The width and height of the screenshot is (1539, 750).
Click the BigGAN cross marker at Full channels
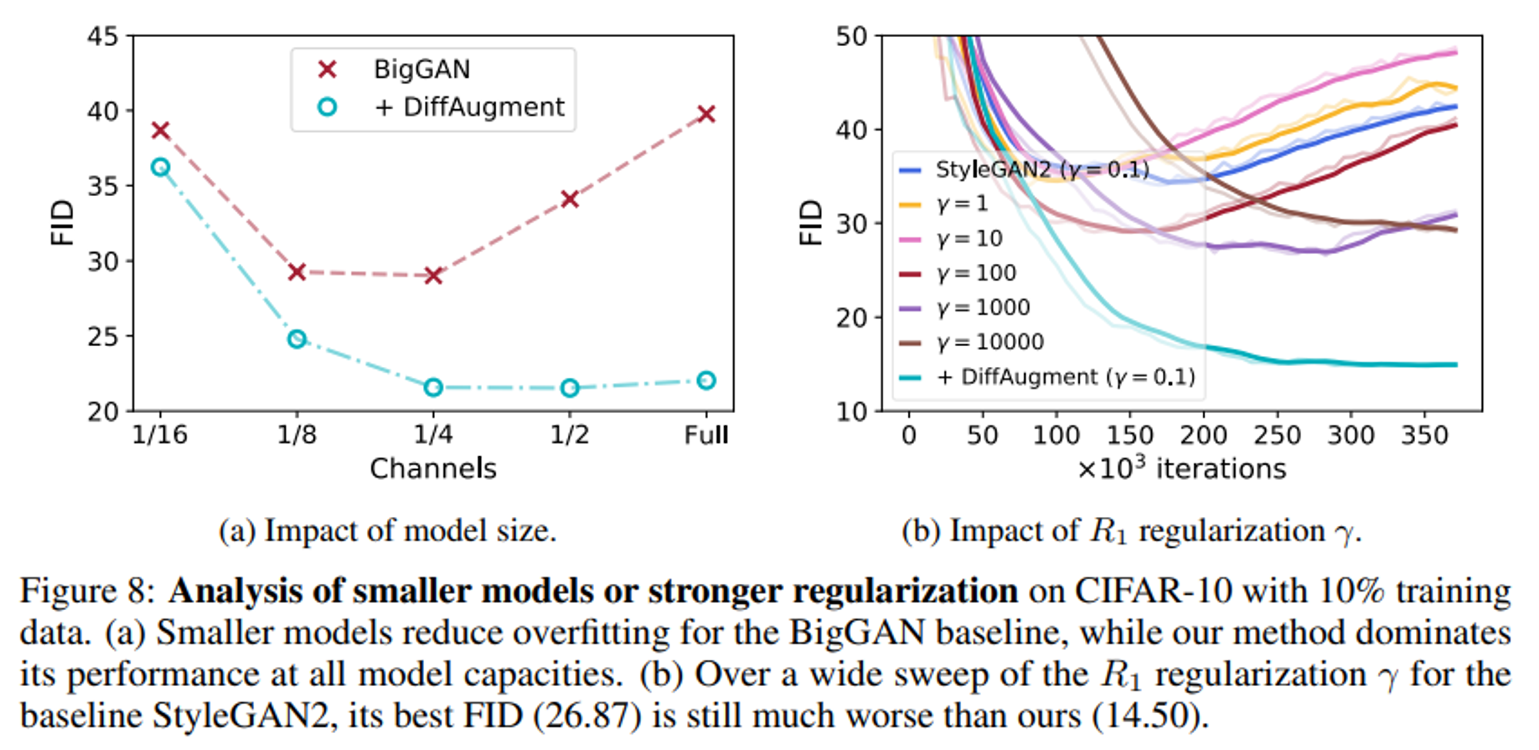(706, 115)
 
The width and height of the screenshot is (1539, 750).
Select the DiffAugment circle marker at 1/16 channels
(160, 167)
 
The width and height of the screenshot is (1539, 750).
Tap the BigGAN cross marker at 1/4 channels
(433, 275)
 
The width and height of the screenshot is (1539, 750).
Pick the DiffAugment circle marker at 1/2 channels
(569, 388)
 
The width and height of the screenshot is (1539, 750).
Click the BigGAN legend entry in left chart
(421, 70)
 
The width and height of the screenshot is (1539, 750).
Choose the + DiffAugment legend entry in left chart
(469, 107)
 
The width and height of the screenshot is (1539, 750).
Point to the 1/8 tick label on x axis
(296, 435)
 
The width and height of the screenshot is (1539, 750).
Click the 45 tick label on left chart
(102, 36)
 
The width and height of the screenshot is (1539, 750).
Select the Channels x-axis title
(432, 468)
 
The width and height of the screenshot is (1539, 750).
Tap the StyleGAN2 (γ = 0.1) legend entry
(1041, 170)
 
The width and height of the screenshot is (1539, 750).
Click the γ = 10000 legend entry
(990, 342)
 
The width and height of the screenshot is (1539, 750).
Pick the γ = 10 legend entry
(970, 238)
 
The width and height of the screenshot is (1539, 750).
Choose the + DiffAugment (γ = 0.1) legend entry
(1065, 377)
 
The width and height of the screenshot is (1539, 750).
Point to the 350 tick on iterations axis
(1424, 435)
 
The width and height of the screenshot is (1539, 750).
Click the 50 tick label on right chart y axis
(851, 36)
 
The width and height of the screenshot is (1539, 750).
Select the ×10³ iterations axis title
(1181, 468)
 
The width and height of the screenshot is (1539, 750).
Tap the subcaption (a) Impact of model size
(387, 531)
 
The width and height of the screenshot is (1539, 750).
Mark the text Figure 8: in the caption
(87, 592)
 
